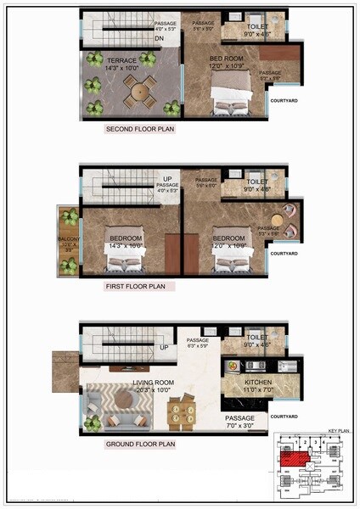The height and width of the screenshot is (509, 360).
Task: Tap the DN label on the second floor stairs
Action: [x=160, y=38]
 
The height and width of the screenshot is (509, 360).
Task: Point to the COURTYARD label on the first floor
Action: [x=283, y=254]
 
